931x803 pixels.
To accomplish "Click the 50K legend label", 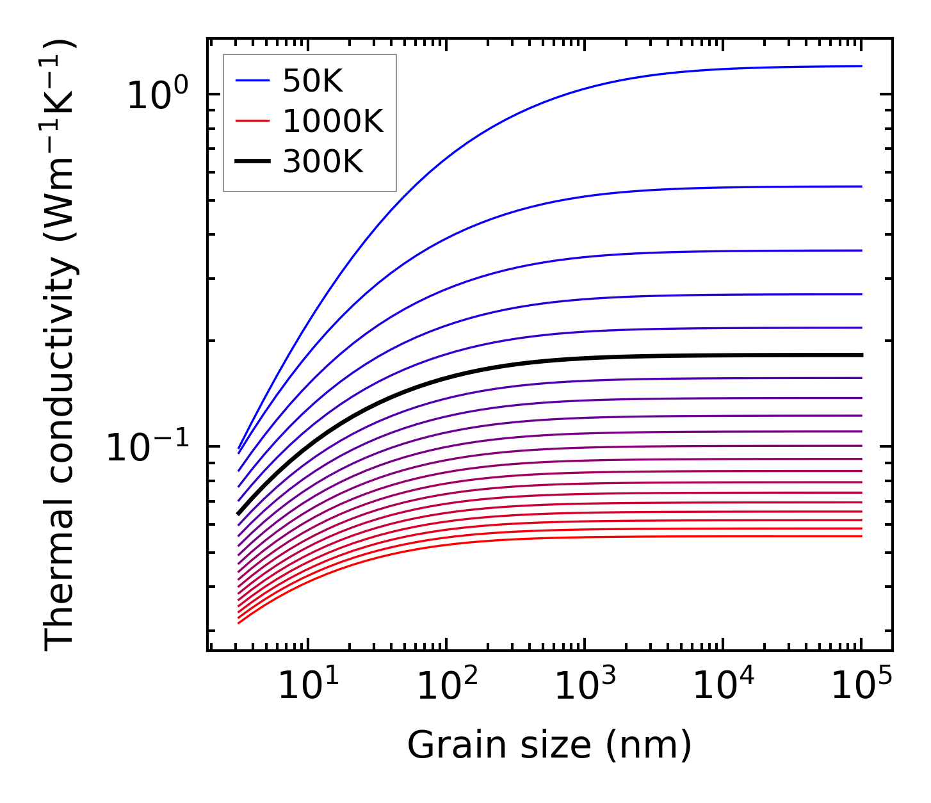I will (x=312, y=81).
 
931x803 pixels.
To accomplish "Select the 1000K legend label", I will (x=333, y=122).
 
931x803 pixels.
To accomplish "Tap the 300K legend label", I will (x=323, y=163).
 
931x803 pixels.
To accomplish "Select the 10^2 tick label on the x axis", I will (x=447, y=687).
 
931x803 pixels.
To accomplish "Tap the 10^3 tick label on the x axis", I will (x=585, y=687).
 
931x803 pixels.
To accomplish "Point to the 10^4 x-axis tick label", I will (x=724, y=687).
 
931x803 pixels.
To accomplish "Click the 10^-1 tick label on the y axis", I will (x=147, y=447).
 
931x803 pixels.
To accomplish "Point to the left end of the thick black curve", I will (x=238, y=514).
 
